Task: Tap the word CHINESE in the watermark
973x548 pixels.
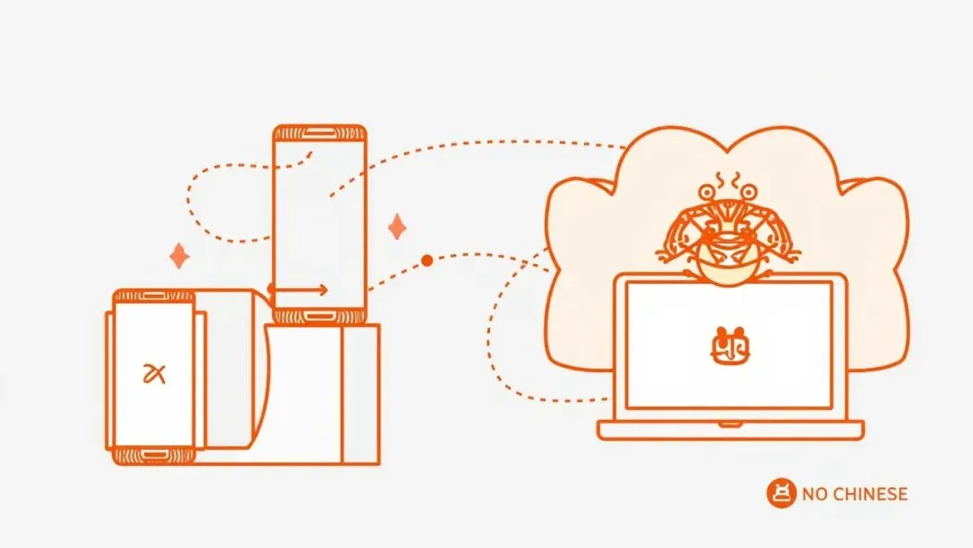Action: tap(869, 494)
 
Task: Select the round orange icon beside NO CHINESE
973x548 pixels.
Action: tap(781, 493)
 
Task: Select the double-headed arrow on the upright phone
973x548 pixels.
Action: tap(297, 290)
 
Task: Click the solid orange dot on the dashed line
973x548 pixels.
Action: tap(427, 260)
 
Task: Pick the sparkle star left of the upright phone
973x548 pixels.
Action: tap(179, 256)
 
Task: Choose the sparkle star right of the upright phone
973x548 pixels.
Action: tap(396, 226)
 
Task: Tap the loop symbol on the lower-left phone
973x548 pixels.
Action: tap(154, 373)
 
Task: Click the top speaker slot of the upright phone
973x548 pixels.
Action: tap(320, 133)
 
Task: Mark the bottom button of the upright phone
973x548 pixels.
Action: tap(320, 315)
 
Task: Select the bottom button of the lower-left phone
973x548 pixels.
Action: tap(154, 452)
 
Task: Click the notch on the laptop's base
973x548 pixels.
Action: tap(730, 424)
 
